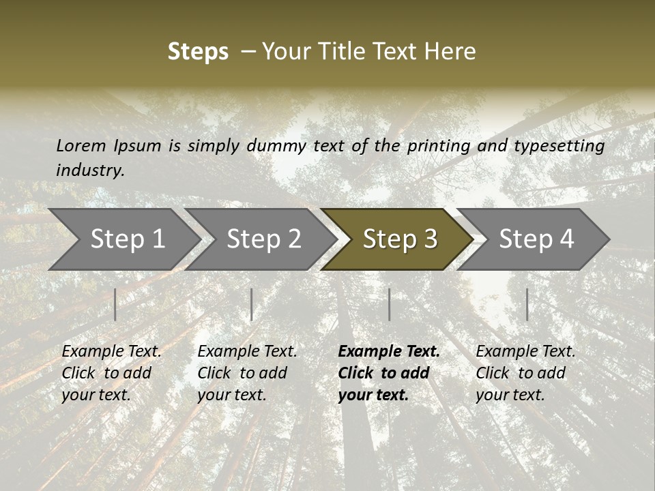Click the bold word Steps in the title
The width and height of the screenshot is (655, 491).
[x=198, y=52]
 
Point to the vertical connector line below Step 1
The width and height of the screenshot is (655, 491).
[x=115, y=304]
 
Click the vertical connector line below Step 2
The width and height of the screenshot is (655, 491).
[x=252, y=304]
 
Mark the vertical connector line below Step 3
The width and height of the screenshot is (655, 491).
[x=390, y=304]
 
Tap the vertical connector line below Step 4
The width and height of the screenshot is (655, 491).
[x=527, y=304]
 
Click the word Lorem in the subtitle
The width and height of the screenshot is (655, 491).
[x=81, y=146]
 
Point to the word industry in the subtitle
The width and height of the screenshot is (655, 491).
[x=90, y=170]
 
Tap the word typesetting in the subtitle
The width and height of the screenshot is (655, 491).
[x=559, y=146]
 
